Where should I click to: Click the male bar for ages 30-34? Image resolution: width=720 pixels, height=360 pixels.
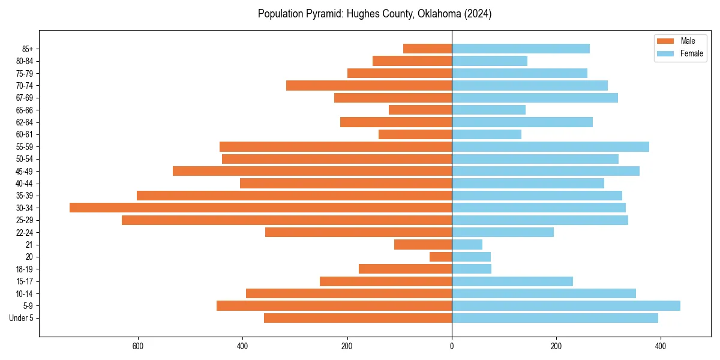coord(260,208)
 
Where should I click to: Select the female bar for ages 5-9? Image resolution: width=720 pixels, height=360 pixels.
coord(566,305)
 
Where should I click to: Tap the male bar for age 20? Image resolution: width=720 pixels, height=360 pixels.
coord(440,257)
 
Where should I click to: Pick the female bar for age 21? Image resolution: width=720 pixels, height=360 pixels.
coord(467,244)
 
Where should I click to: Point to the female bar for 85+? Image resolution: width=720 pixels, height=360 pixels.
coord(520,49)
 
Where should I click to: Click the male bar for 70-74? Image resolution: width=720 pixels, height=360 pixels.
coord(369,85)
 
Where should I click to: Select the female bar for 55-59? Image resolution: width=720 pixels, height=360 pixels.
coord(550,146)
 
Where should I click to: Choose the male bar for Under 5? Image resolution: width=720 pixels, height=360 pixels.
coord(358,318)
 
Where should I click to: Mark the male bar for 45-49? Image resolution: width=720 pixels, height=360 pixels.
coord(312,171)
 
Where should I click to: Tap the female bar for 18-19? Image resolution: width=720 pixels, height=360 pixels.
coord(471,269)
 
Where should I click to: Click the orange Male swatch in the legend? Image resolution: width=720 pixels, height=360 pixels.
coord(666,41)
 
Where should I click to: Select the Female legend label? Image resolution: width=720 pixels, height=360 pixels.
coord(691,53)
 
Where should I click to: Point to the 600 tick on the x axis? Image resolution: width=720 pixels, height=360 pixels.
coord(138,346)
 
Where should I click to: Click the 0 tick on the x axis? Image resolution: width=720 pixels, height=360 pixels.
coord(452,346)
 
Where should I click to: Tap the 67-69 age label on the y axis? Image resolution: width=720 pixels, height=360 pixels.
coord(25,98)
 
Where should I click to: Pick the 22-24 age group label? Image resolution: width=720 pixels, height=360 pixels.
coord(25,232)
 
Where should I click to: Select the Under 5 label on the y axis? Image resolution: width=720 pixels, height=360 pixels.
coord(21,318)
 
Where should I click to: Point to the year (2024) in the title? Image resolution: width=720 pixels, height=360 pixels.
coord(478,14)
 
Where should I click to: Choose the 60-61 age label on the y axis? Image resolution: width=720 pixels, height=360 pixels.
coord(25,134)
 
